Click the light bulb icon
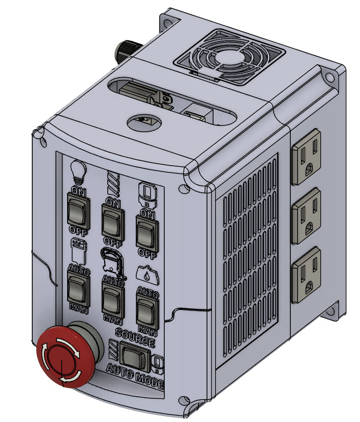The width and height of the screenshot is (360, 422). (79, 171)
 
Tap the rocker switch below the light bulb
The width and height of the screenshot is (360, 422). (77, 209)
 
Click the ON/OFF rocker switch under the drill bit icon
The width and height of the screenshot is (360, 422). (112, 220)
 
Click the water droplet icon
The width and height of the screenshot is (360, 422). (145, 275)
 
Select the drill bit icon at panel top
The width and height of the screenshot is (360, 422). (112, 183)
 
